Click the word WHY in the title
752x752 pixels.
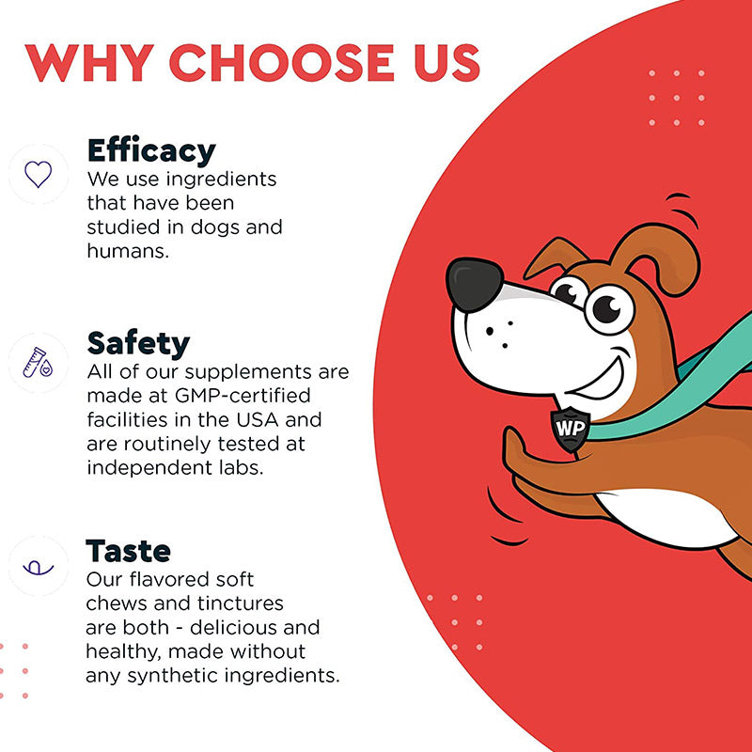click(89, 63)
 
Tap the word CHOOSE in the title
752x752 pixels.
click(281, 63)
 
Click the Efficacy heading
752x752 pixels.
click(151, 151)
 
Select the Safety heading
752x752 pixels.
click(138, 344)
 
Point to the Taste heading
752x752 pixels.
click(128, 551)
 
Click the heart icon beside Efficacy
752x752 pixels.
click(39, 174)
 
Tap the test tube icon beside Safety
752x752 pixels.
click(38, 363)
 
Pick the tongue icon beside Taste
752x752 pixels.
click(39, 568)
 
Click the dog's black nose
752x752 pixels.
click(474, 285)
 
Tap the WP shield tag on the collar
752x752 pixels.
click(571, 429)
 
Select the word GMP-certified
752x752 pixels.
click(243, 396)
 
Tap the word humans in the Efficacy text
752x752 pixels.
click(128, 251)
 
